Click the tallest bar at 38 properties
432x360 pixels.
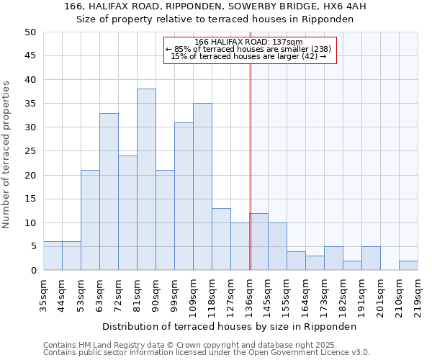click(146, 180)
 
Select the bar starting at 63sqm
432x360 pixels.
click(109, 192)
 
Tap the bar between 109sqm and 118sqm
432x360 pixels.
click(202, 187)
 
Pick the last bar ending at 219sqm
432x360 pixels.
click(408, 266)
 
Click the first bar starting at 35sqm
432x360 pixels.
click(53, 256)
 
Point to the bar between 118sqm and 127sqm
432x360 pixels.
click(221, 240)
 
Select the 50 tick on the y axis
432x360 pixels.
click(30, 32)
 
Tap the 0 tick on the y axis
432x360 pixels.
click(33, 271)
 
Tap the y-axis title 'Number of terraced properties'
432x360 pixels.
click(7, 154)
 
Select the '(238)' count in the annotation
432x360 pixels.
click(320, 49)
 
